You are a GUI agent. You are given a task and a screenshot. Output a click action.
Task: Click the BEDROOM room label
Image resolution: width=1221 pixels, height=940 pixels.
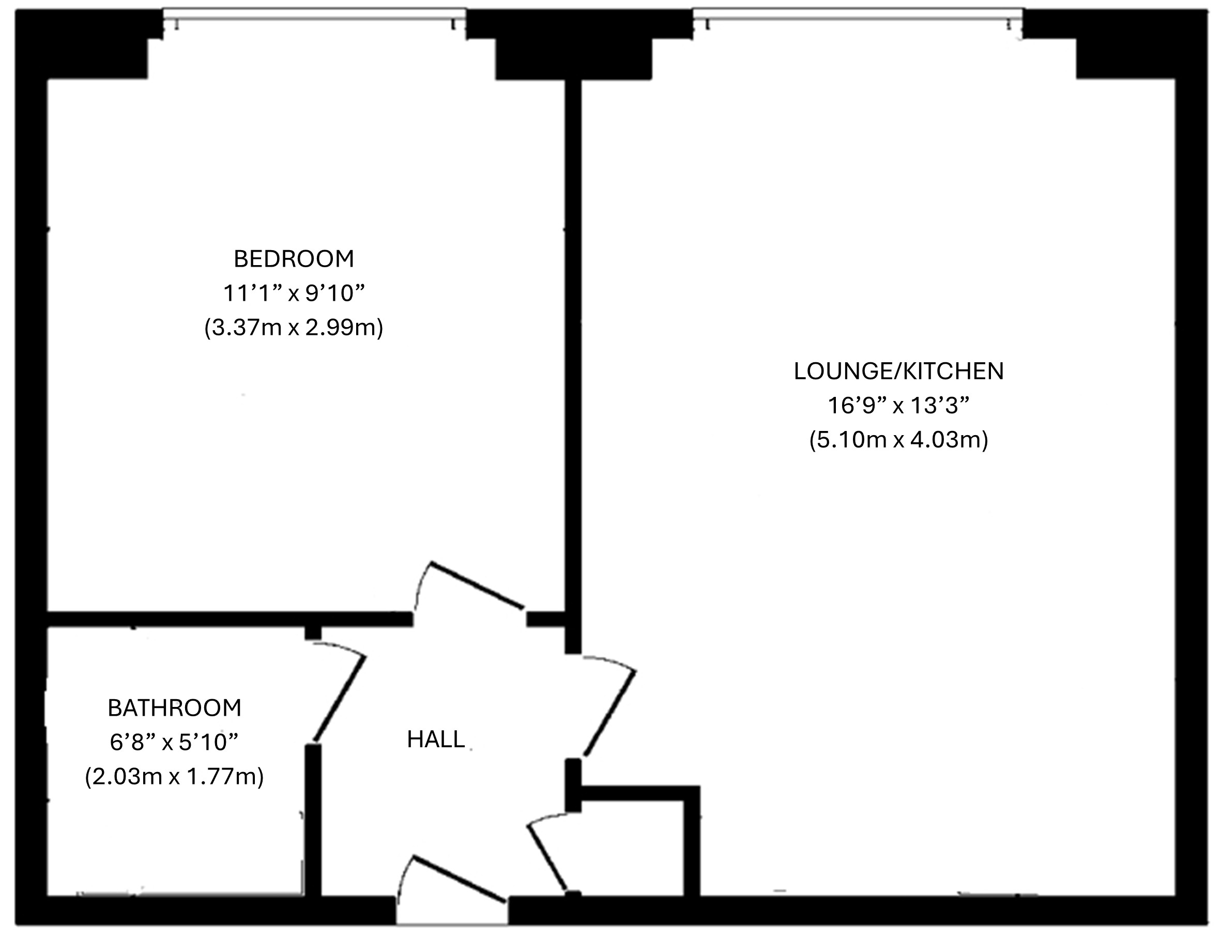(x=294, y=259)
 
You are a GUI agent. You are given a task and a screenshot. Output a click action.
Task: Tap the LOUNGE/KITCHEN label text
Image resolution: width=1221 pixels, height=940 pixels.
(x=898, y=372)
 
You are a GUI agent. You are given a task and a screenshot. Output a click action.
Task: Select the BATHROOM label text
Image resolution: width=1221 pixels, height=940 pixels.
(x=174, y=708)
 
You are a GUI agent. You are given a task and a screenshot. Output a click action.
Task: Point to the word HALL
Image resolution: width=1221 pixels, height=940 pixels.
(x=435, y=739)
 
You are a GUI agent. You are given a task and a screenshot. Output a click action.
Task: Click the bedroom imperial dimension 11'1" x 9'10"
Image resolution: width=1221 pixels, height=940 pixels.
(x=294, y=292)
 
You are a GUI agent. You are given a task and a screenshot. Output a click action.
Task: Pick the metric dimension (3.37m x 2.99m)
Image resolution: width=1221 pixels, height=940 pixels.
(x=294, y=328)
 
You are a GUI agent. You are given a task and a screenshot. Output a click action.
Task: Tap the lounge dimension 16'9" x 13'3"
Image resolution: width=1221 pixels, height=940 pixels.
(x=898, y=405)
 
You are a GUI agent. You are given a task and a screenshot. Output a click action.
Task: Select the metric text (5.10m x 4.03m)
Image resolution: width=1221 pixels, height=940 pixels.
(x=898, y=440)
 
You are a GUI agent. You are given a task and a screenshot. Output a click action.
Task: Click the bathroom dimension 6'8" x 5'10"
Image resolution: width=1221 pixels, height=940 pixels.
(x=174, y=742)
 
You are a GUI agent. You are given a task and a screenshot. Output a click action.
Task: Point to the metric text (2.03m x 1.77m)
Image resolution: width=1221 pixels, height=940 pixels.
(x=174, y=777)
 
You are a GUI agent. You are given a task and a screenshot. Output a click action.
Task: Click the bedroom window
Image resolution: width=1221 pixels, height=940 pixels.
(x=315, y=16)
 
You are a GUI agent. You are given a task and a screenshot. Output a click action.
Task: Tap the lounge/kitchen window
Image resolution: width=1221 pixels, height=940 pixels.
(x=858, y=16)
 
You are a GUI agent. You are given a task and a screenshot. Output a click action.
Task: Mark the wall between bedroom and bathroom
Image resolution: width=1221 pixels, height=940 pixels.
(x=229, y=619)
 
